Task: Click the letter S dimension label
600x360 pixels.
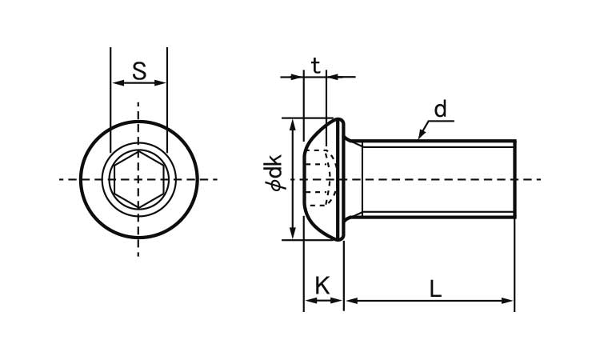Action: coord(139,70)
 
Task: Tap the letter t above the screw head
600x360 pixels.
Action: coord(316,66)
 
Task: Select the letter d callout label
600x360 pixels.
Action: coord(441,109)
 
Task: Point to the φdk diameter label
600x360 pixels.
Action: coord(273,172)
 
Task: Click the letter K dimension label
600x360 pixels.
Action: coord(322,286)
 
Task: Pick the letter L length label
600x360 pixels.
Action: coord(435,289)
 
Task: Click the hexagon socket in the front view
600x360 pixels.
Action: coord(139,179)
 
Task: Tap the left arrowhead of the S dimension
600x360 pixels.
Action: coord(116,82)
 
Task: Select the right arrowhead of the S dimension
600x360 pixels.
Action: coord(161,82)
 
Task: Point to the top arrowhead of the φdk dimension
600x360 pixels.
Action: coord(293,124)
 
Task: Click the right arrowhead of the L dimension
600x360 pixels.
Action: coord(508,301)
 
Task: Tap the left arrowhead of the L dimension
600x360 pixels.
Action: coord(351,301)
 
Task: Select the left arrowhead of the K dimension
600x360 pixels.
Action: coord(310,301)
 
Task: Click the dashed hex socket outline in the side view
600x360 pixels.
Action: coord(321,178)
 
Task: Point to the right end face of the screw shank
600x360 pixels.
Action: coord(515,179)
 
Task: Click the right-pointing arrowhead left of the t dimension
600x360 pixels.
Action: coord(298,77)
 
